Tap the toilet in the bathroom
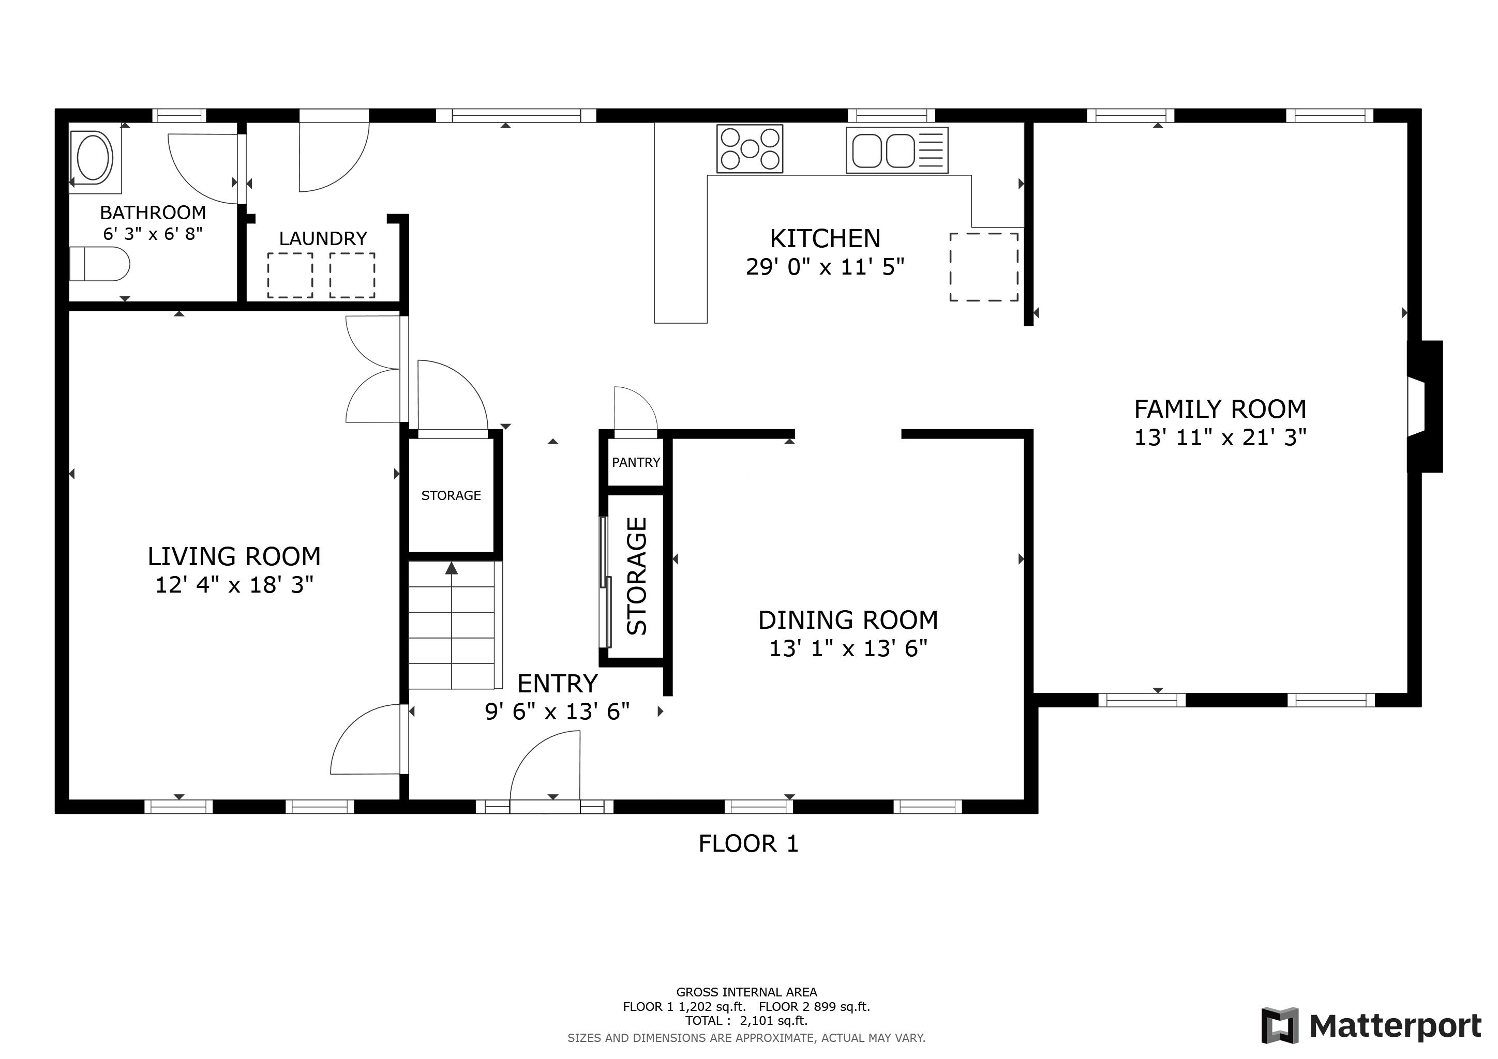[x=99, y=264]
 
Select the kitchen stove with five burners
[x=750, y=149]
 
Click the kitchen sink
[x=897, y=150]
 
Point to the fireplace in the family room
[x=1424, y=406]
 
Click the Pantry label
[x=636, y=462]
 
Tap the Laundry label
[x=323, y=239]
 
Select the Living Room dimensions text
[x=234, y=585]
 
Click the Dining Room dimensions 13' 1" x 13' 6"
[x=848, y=648]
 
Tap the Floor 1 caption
[x=748, y=844]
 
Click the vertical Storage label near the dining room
[x=636, y=576]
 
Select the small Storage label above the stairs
[x=451, y=495]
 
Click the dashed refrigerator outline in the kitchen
[x=984, y=267]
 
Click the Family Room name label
[x=1220, y=410]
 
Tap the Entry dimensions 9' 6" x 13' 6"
[x=557, y=712]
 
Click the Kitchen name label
[x=826, y=239]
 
